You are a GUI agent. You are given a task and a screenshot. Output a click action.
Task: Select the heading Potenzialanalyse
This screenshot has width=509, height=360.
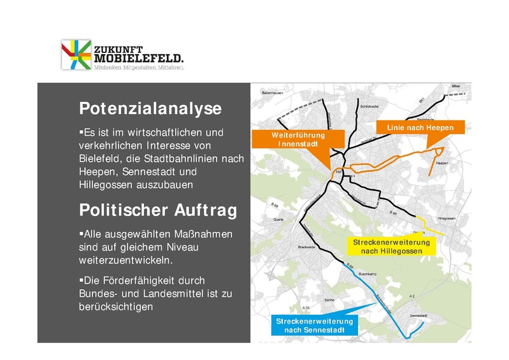(150, 108)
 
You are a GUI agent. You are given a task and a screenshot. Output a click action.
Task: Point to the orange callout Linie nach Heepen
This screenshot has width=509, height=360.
(420, 128)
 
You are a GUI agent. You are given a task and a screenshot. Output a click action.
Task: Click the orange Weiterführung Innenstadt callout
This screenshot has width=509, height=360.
(298, 140)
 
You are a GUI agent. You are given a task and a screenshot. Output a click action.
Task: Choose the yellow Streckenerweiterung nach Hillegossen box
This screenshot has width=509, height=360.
(392, 247)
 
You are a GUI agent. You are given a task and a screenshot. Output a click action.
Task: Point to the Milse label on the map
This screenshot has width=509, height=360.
(455, 85)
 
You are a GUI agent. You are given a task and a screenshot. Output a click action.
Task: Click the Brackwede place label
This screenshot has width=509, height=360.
(307, 247)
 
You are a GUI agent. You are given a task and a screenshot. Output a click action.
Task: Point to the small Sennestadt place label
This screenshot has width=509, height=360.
(417, 315)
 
